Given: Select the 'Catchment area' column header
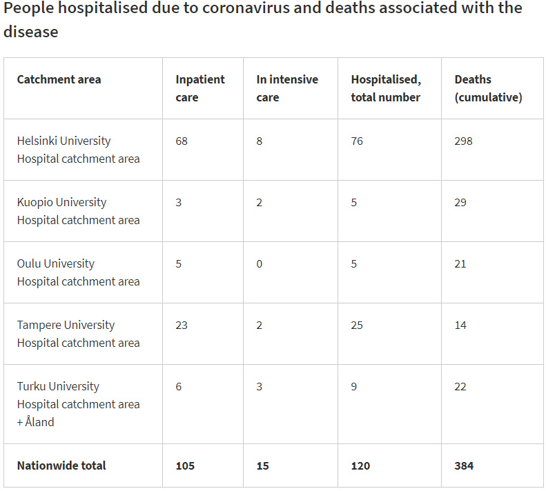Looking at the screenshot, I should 59,79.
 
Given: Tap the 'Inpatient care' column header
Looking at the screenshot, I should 199,88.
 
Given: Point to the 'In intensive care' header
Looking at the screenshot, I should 286,88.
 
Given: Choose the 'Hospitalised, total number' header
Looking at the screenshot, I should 385,88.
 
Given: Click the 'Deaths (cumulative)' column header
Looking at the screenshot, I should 487,88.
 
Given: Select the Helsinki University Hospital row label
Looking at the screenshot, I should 78,150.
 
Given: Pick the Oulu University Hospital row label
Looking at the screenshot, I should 78,272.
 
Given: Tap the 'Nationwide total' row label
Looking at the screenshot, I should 61,465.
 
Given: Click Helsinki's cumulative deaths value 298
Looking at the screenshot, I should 463,141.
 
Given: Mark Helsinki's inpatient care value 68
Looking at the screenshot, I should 182,141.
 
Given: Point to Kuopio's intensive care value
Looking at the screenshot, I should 260,202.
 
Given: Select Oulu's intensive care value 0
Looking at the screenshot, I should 260,263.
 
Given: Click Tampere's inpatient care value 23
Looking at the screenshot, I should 182,325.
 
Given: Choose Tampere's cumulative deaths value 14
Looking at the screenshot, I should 460,325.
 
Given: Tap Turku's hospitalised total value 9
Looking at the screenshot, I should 354,386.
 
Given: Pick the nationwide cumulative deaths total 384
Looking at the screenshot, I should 464,465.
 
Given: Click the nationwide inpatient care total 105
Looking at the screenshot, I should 185,465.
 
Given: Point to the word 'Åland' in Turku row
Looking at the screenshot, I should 39,422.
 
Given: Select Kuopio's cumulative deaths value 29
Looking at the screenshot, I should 460,202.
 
